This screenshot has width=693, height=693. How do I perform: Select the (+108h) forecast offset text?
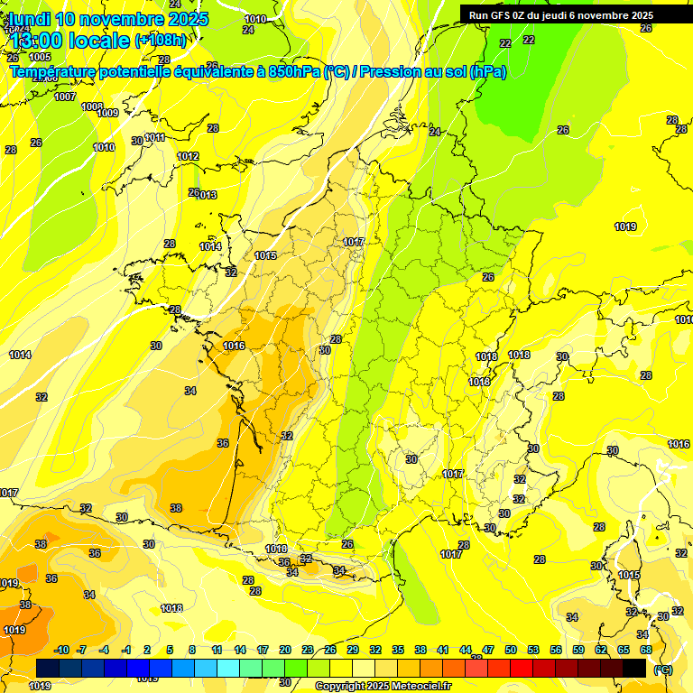pos(160,40)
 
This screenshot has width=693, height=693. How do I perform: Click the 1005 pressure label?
pos(41,82)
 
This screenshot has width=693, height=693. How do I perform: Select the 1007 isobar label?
pos(65,97)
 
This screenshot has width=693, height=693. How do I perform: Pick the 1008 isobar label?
pos(92,106)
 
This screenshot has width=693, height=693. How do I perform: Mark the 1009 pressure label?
pos(107,113)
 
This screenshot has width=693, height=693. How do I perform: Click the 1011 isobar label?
pos(154,137)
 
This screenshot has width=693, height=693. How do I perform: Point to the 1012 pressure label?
pos(188,156)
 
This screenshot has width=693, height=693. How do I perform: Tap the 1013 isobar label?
pos(207,195)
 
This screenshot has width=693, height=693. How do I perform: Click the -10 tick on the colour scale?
pos(61,650)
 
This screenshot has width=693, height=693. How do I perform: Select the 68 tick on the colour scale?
pos(646,650)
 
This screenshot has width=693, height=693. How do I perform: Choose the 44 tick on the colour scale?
pos(466,650)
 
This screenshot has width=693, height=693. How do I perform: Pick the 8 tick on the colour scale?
pos(192,650)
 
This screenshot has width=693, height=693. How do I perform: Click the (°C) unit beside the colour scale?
pos(663,669)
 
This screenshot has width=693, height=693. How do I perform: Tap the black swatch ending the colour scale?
pos(635,668)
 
